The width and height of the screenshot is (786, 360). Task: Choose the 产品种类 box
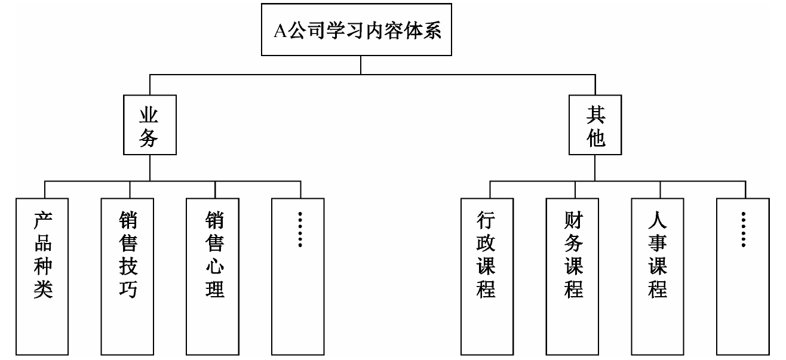[x=43, y=275]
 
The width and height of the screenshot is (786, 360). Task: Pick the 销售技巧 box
[x=128, y=275]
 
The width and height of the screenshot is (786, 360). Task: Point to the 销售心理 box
[x=214, y=275]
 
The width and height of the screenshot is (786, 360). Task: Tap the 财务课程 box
[x=573, y=275]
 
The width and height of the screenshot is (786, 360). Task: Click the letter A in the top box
[x=280, y=31]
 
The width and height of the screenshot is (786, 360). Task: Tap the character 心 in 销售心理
[x=214, y=264]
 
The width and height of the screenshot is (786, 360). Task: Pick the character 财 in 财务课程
[x=573, y=223]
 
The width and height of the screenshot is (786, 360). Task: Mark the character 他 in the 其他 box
[x=595, y=139]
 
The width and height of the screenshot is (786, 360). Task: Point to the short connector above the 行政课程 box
[x=490, y=189]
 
